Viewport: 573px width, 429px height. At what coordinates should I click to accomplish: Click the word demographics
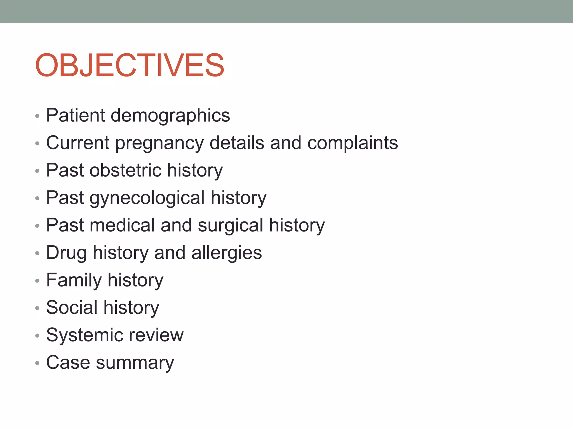point(170,115)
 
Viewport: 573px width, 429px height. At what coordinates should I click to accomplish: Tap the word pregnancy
point(159,143)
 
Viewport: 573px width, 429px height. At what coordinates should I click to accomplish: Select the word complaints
point(353,143)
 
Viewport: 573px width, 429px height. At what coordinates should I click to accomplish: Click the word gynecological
point(147,198)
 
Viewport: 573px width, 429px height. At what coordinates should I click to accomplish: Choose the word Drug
point(66,253)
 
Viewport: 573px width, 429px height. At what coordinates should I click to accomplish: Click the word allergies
point(227,253)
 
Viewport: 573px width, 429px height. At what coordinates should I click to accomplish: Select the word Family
point(74,280)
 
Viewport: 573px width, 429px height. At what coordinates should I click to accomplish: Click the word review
point(156,335)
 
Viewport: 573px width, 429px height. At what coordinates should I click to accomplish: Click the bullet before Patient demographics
point(37,116)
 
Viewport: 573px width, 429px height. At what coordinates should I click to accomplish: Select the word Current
point(78,143)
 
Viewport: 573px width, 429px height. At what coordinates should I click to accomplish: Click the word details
point(237,143)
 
